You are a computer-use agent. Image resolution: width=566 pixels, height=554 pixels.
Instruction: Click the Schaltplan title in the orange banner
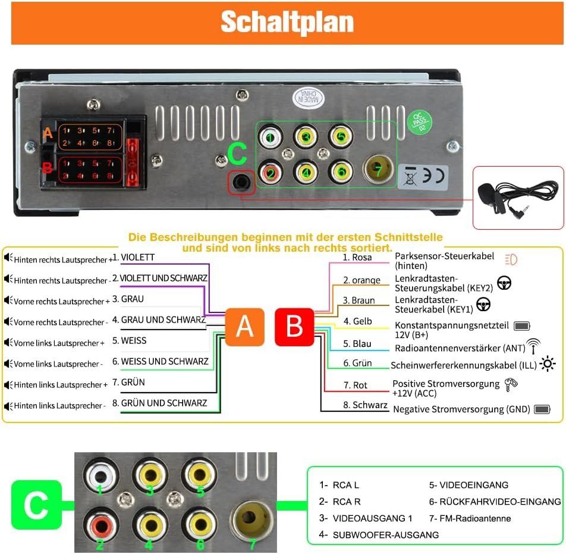point(287,23)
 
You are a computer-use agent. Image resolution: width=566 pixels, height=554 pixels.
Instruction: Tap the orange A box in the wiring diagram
point(245,327)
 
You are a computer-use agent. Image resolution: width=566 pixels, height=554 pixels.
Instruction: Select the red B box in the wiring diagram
point(294,327)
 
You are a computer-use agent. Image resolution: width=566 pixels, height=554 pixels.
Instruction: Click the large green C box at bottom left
point(36,505)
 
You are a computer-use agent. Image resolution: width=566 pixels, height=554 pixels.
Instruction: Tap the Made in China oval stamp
point(308,98)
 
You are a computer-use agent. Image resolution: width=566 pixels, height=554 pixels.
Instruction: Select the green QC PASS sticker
point(420,121)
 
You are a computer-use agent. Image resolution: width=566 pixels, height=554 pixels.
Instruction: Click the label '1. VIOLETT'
point(134,257)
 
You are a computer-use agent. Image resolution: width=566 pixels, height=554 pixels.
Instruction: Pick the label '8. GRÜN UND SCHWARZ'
point(159,403)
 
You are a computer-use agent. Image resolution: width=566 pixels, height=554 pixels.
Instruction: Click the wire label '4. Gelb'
point(357,321)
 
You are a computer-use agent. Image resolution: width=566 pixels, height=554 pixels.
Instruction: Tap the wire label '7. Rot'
point(355,385)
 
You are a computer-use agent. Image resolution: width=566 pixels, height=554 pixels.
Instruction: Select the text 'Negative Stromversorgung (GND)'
point(462,409)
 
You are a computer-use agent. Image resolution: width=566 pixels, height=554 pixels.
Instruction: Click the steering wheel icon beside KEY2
point(504,283)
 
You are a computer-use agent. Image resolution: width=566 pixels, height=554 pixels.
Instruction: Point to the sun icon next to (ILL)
point(548,364)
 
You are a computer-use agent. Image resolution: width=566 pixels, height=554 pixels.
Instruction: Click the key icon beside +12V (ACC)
point(511,384)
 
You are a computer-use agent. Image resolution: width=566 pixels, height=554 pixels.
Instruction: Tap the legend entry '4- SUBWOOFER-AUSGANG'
point(379,535)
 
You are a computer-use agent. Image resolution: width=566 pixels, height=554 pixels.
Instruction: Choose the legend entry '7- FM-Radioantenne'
point(470,518)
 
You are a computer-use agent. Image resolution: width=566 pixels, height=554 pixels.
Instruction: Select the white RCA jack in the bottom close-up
point(100,476)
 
